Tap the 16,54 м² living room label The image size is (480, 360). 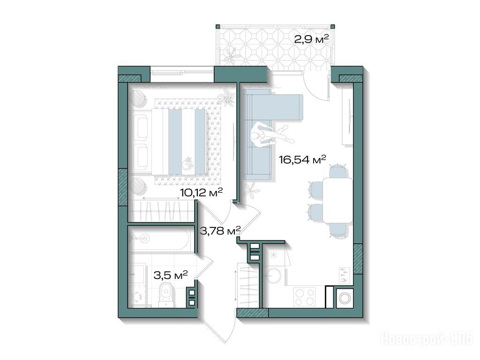(302, 159)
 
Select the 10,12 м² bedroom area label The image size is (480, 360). (201, 193)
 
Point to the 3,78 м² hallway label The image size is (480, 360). (220, 230)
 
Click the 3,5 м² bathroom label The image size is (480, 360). (171, 276)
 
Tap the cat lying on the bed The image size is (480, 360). (188, 163)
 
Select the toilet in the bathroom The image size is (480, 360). (167, 294)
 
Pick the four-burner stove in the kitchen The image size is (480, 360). (304, 297)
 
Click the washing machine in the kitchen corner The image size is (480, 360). (345, 298)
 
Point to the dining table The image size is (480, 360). (338, 200)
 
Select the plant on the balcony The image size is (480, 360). (230, 55)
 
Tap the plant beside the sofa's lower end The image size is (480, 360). (252, 191)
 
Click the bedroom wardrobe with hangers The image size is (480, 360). (162, 211)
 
